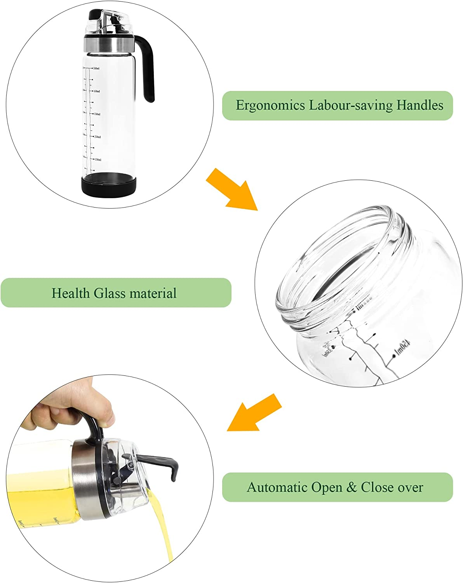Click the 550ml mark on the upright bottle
click(x=96, y=68)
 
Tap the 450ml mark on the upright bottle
click(x=96, y=91)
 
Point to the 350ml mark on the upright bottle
click(x=96, y=114)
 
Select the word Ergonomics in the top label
click(x=270, y=105)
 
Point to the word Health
click(x=71, y=293)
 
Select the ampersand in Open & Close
click(x=352, y=487)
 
